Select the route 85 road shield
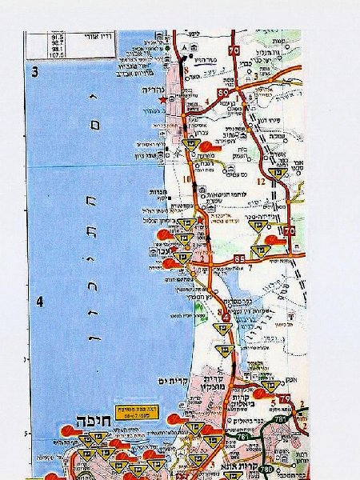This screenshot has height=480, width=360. (241, 258)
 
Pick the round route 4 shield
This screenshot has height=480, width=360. (226, 318)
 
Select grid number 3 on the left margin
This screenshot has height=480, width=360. (34, 71)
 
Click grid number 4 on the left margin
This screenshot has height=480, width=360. (37, 302)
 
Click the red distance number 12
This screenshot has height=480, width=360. (261, 181)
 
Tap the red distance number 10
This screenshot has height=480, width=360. (186, 178)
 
